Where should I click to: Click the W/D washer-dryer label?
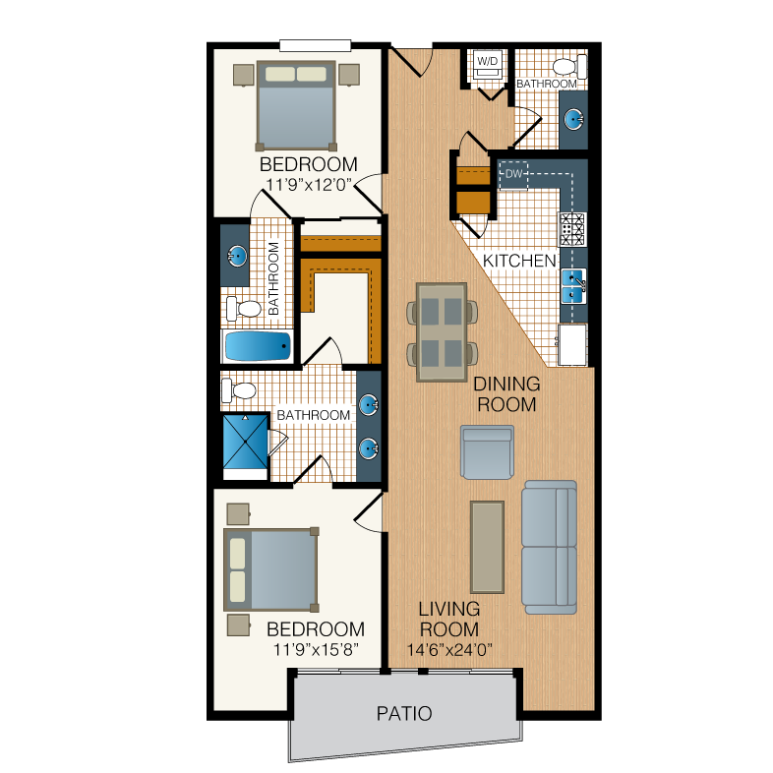[x=488, y=62]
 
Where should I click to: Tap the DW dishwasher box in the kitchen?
[x=513, y=174]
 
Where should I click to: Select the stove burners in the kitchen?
[x=571, y=229]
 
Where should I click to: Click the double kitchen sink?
[x=573, y=286]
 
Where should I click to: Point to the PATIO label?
[x=404, y=713]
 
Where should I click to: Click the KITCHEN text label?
[x=519, y=261]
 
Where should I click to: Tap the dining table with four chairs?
[x=442, y=332]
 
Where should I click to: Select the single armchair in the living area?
[x=487, y=452]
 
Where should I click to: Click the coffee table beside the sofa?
[x=487, y=547]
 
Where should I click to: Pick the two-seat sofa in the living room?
[x=549, y=547]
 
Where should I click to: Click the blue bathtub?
[x=258, y=346]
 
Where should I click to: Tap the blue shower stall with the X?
[x=246, y=442]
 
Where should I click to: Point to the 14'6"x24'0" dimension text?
[x=449, y=650]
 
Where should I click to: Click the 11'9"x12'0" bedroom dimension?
[x=309, y=184]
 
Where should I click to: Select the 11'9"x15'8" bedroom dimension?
[x=316, y=649]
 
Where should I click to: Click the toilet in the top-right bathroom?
[x=569, y=67]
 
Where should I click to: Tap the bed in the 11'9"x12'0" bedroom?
[x=296, y=105]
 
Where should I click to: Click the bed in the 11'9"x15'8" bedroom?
[x=271, y=569]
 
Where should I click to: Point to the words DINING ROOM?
[x=506, y=394]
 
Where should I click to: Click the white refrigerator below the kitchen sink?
[x=572, y=345]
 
